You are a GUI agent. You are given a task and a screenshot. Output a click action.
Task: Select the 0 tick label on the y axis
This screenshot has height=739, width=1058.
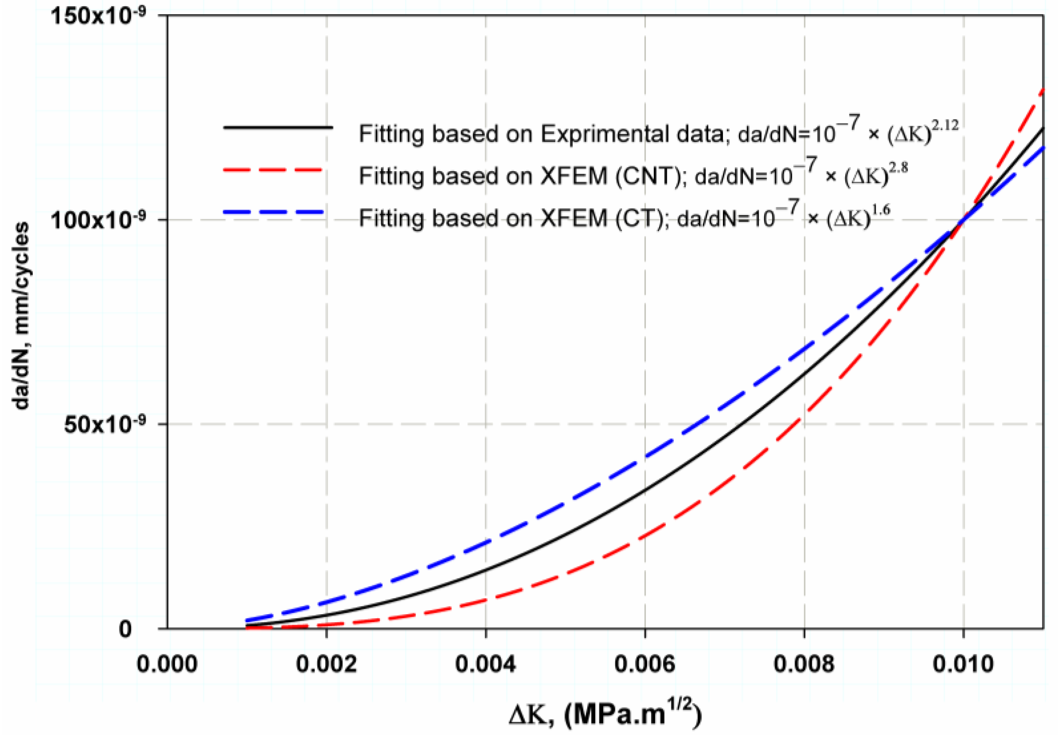pos(125,629)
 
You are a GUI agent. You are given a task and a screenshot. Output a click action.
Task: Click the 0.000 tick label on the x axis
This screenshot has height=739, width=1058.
pos(167,665)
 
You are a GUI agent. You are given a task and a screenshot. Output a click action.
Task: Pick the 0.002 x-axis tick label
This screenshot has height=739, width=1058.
pos(326,665)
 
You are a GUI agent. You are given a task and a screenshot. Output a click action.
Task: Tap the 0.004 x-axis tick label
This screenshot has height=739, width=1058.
pos(485,665)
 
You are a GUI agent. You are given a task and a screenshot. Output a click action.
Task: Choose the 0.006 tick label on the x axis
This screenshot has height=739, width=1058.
pos(645,665)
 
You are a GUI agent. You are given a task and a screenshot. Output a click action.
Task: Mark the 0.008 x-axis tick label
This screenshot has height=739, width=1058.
pos(803,665)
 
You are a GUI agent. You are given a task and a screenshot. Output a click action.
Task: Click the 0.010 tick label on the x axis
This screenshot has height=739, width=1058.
pos(963,665)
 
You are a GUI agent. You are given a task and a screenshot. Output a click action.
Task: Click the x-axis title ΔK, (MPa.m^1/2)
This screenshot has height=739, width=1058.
pos(605,715)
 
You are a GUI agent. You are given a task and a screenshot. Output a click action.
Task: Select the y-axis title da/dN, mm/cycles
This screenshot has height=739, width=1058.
pos(21,315)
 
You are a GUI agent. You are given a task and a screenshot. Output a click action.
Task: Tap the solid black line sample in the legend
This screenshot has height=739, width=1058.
pos(278,127)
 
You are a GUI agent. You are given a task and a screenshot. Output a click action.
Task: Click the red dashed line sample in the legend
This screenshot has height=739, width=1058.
pos(273,169)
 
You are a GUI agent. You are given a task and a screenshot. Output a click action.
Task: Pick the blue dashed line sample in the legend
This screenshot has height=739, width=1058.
pos(273,212)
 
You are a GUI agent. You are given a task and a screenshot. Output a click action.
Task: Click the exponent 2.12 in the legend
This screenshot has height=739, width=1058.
pos(945,125)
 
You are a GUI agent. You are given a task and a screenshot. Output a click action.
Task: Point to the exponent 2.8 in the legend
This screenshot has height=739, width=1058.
pos(898,167)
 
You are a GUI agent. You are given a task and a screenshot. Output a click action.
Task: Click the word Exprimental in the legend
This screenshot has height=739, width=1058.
pos(632,135)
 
